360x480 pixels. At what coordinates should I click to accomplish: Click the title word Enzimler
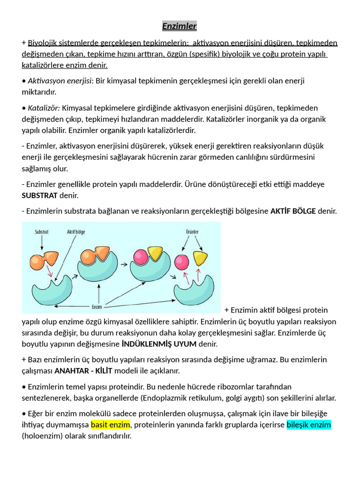coord(180,26)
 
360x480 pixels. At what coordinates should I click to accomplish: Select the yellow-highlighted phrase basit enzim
coord(110,425)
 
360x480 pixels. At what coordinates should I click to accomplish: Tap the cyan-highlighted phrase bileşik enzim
coord(308,425)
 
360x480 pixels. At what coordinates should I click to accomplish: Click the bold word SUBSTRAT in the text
coord(39,195)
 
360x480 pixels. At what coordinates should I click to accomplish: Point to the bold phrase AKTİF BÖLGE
coord(293,211)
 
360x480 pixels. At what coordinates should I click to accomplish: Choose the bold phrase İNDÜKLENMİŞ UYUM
coord(159,344)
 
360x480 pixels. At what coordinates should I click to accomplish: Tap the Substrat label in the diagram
coord(43,232)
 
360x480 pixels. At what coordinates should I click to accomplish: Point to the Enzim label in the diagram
coord(97,307)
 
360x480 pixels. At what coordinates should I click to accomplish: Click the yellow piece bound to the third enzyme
coord(155,254)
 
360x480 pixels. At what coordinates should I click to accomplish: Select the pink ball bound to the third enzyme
coord(141,256)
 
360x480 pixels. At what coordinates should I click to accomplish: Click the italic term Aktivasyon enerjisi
coord(59,81)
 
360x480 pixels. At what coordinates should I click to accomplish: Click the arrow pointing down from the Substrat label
coord(43,242)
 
